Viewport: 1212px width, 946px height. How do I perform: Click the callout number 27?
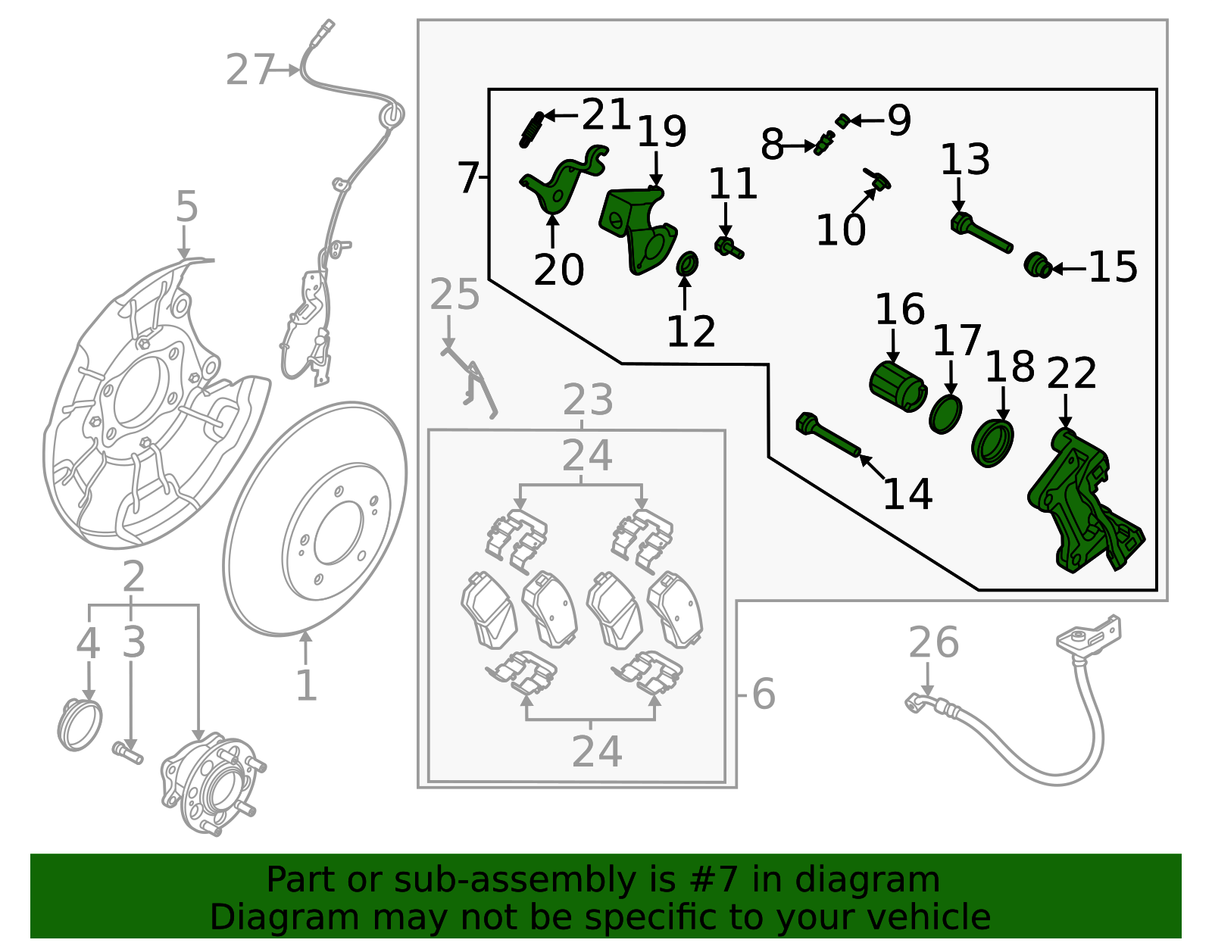click(249, 70)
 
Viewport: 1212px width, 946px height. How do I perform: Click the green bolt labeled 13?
click(982, 233)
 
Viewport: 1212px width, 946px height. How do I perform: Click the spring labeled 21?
click(531, 129)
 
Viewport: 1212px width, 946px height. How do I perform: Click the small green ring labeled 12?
click(686, 264)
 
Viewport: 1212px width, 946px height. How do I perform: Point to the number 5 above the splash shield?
click(186, 207)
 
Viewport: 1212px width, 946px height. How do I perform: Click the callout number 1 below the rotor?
click(305, 685)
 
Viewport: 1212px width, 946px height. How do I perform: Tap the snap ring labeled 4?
click(80, 725)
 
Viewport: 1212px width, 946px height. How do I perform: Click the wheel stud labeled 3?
click(128, 752)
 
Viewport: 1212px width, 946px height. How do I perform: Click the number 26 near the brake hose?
click(933, 642)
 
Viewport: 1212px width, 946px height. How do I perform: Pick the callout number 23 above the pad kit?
click(588, 399)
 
